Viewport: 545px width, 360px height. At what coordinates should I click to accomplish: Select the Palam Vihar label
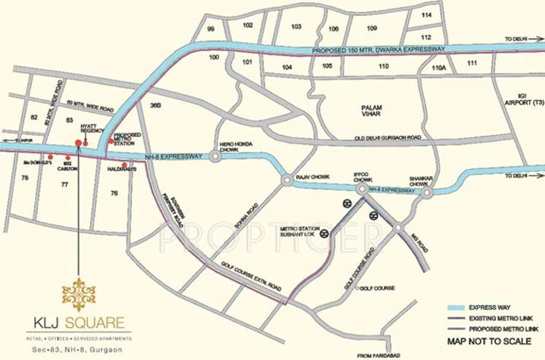pos(372,111)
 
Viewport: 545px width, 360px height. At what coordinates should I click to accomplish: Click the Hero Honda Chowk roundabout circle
pos(216,156)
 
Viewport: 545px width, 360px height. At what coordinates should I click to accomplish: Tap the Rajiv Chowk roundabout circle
pos(285,177)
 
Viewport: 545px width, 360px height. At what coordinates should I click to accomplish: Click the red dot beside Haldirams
pos(125,166)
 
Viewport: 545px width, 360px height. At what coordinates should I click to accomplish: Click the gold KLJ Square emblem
pos(79,294)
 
